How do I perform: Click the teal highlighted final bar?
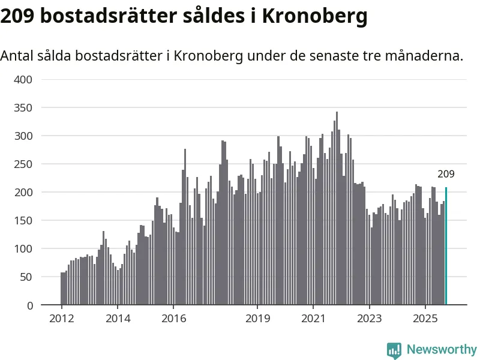point(446,246)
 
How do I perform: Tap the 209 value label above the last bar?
point(446,175)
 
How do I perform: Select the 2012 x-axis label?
point(61,319)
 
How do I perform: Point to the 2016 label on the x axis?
point(173,319)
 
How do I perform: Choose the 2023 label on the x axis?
point(369,319)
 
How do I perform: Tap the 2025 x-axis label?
point(425,319)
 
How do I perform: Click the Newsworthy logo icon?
point(394,350)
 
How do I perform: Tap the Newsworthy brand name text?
point(442,350)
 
